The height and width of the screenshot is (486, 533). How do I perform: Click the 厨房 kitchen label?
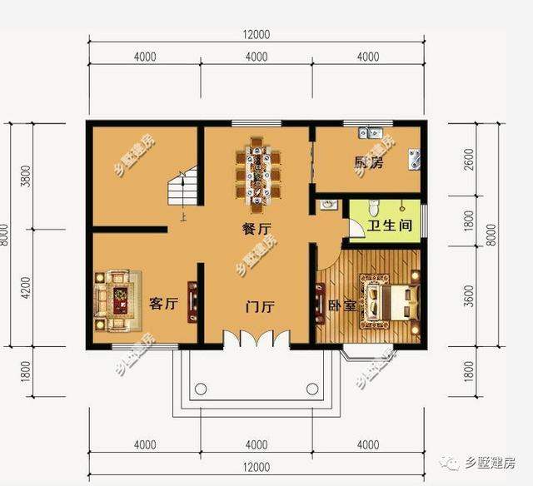[x=369, y=163]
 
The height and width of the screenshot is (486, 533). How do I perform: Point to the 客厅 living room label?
[x=163, y=304]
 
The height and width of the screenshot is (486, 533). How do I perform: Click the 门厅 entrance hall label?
[x=260, y=306]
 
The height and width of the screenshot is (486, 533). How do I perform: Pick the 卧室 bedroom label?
[x=341, y=305]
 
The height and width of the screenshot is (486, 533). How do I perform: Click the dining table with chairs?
[x=257, y=172]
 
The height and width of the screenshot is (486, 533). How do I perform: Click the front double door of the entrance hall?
[x=257, y=340]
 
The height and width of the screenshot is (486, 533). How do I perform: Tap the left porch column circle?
[x=201, y=389]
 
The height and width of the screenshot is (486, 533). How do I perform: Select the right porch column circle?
[x=312, y=389]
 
